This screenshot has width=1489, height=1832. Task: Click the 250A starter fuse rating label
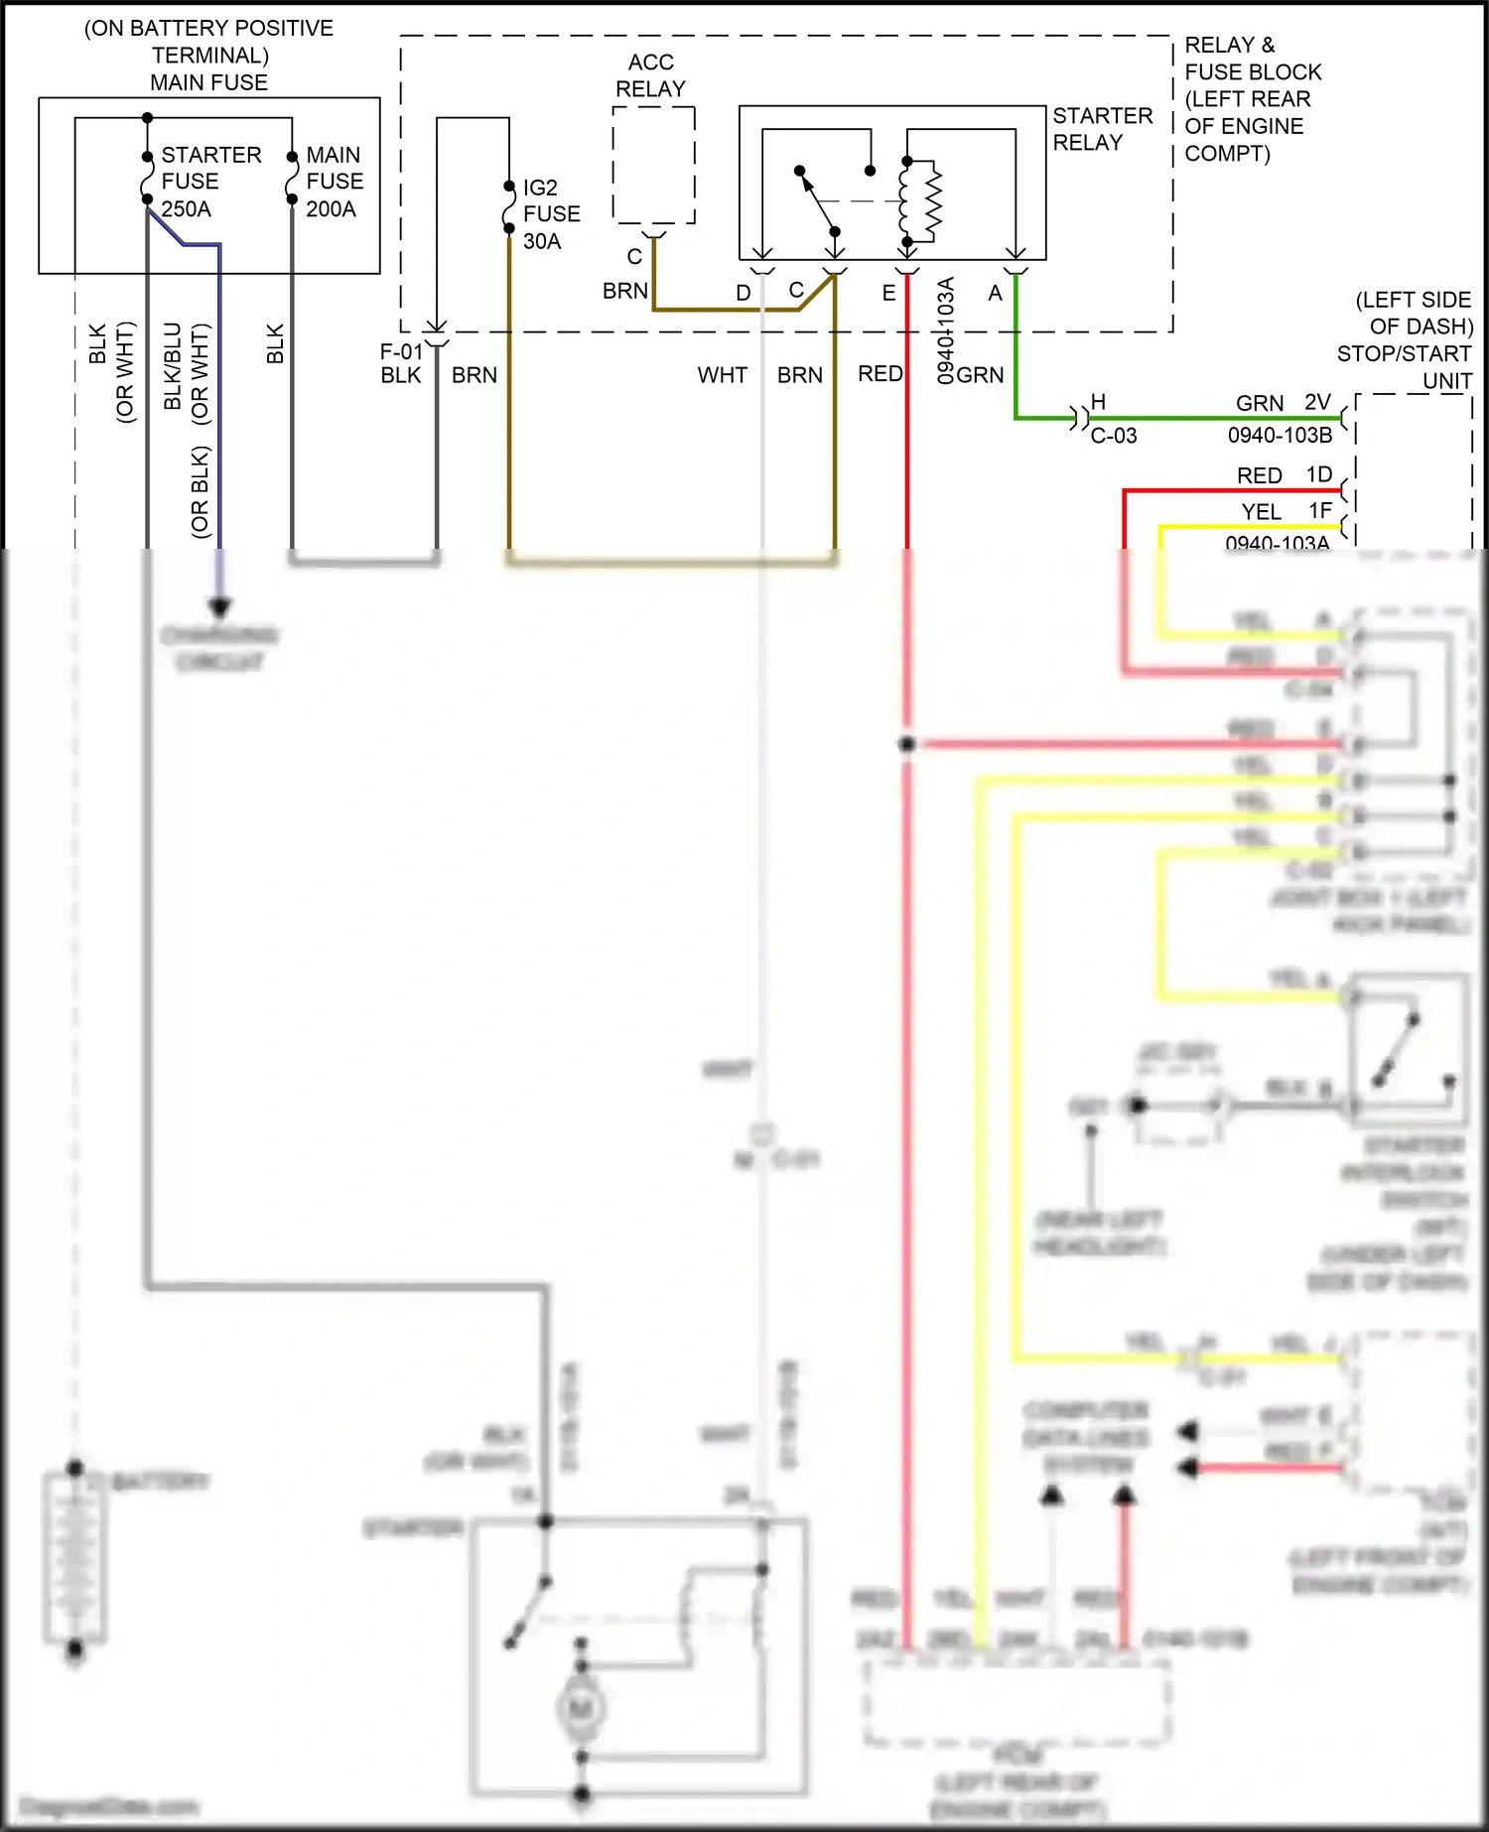[186, 209]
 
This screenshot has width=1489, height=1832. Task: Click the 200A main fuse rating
[331, 209]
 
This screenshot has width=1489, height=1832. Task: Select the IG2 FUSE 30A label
[551, 214]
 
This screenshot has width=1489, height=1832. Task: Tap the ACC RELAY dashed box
[653, 166]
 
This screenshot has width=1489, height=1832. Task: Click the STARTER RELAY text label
[1102, 129]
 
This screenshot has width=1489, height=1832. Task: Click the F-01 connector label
[401, 351]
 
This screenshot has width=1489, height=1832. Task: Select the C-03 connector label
[1113, 436]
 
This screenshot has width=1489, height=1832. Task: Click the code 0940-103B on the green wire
[1280, 436]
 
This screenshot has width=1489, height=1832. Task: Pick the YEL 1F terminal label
[1286, 511]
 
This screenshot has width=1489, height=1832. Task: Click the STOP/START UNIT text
[1404, 367]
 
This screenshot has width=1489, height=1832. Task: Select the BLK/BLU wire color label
[173, 365]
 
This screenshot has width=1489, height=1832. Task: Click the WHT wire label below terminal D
[722, 375]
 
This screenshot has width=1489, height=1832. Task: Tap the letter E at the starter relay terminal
[888, 293]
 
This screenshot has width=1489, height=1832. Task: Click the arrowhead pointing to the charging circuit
[219, 606]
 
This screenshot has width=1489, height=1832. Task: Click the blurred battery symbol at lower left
[75, 1558]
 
